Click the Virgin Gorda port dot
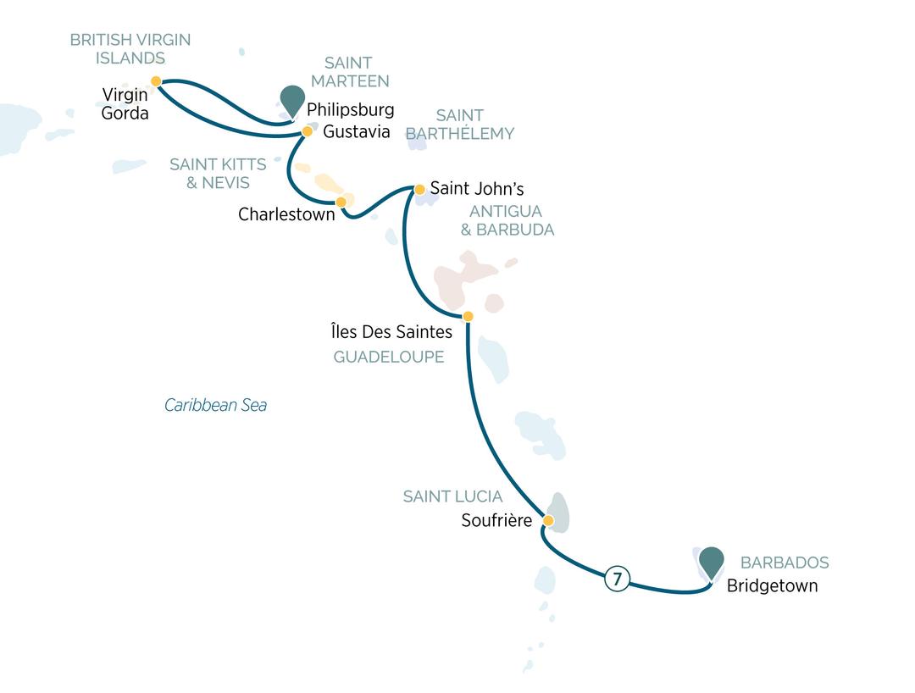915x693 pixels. (156, 81)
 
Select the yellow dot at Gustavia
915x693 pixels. (308, 132)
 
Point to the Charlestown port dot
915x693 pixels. (341, 202)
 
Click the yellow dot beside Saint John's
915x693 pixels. (419, 190)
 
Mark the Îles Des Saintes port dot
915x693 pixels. (468, 317)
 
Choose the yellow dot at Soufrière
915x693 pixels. (548, 520)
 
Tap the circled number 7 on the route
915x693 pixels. (617, 580)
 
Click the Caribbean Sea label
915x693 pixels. (215, 406)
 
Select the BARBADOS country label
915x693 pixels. (785, 563)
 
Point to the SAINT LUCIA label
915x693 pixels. (452, 497)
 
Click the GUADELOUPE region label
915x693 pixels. (389, 358)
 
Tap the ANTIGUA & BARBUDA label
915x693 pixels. (507, 220)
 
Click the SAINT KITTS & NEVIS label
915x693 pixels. (218, 173)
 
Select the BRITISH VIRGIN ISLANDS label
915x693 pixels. (130, 48)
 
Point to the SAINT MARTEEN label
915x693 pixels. (348, 72)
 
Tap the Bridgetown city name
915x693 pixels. (772, 586)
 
